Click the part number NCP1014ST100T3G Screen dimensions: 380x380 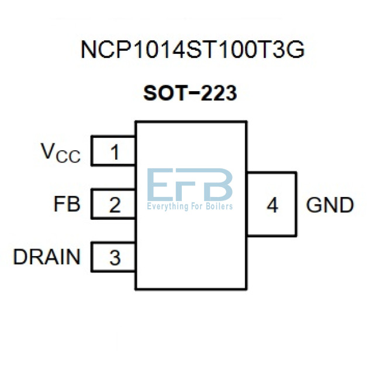(192, 50)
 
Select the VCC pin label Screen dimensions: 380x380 (60, 153)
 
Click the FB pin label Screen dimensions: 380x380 (67, 205)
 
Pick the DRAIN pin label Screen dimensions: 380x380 (47, 257)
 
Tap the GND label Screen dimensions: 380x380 (330, 205)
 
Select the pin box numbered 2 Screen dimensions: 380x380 (115, 205)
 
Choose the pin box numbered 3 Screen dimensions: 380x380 (115, 257)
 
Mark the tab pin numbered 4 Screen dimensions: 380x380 (272, 205)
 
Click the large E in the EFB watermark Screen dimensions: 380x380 (160, 185)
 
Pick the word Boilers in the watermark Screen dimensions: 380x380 (219, 206)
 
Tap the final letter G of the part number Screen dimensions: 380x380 (296, 50)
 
